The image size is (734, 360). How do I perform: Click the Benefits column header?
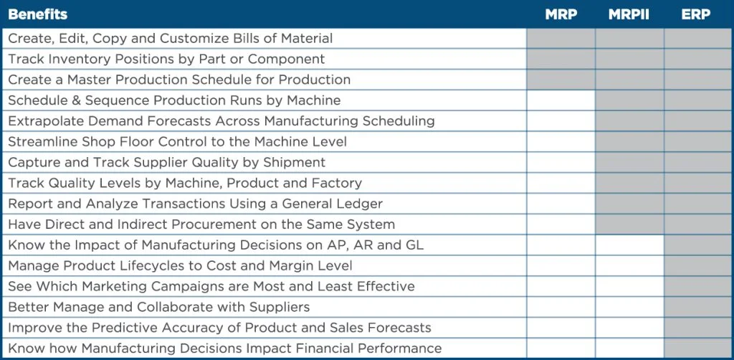(x=38, y=14)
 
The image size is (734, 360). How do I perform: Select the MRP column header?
(x=561, y=14)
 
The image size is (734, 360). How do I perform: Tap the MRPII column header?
(x=629, y=14)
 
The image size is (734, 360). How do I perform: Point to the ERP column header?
(x=695, y=14)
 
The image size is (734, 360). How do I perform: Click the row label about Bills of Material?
(x=170, y=38)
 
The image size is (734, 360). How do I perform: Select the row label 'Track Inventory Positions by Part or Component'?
(x=166, y=59)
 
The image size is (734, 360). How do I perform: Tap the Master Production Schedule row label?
(x=179, y=80)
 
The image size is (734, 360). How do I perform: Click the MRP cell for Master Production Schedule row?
(x=561, y=80)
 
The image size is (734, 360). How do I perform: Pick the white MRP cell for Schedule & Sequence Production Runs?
(x=561, y=100)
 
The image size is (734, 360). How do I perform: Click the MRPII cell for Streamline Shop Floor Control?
(x=629, y=141)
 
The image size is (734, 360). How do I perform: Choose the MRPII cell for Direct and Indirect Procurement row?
(x=629, y=224)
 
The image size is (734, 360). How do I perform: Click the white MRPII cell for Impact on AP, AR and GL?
(x=629, y=245)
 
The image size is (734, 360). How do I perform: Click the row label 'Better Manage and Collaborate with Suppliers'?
(x=159, y=307)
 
